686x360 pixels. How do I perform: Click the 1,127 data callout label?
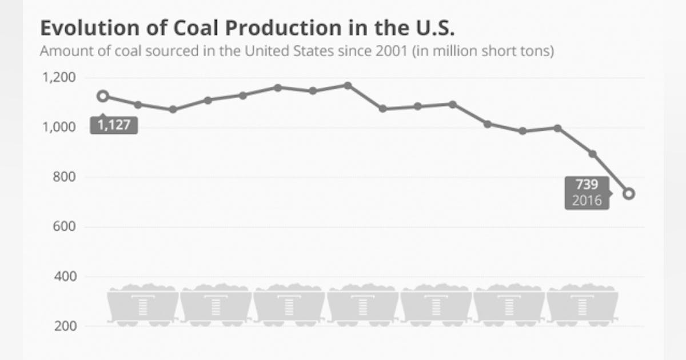114,125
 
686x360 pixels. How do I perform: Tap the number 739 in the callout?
587,185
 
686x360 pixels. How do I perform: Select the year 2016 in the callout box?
587,200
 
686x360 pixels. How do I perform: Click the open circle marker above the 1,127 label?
103,96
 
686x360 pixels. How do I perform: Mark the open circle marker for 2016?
628,194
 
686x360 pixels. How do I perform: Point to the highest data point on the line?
347,85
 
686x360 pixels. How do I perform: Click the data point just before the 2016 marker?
593,154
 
